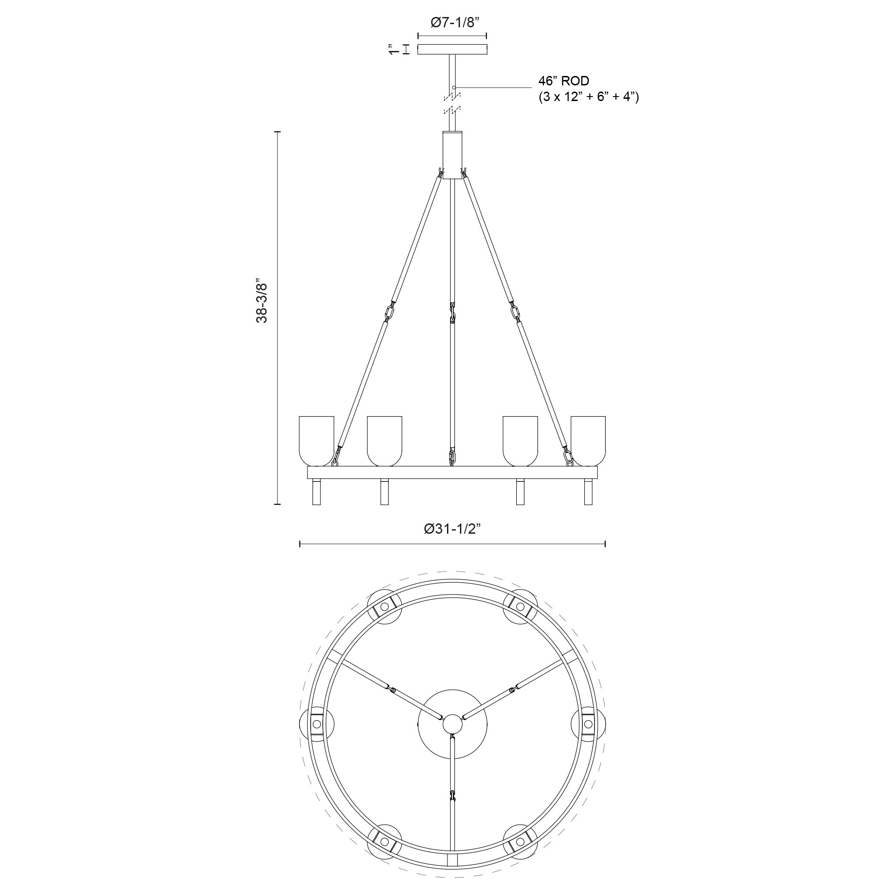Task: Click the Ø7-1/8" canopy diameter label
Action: (x=452, y=23)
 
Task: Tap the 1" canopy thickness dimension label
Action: (x=393, y=50)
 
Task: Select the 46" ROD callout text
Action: (x=564, y=81)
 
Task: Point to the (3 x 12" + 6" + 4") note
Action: (x=589, y=97)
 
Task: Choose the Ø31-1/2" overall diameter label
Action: (x=452, y=529)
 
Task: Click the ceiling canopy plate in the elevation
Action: (x=452, y=50)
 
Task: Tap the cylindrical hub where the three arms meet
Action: (x=452, y=155)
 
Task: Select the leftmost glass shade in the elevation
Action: (x=316, y=441)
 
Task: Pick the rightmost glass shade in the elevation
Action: (x=588, y=441)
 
